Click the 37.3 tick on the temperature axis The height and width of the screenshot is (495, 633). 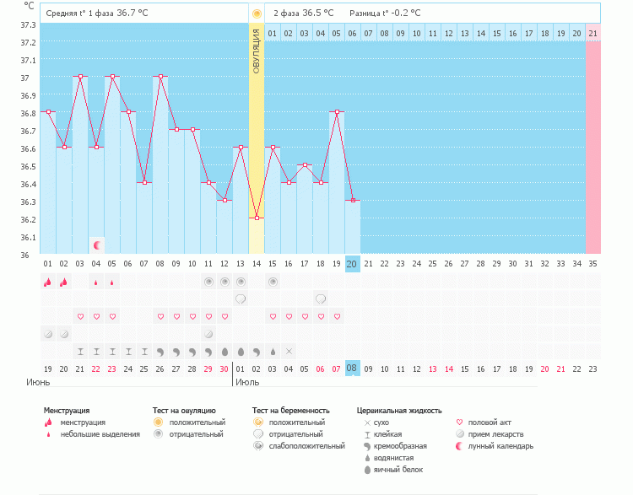click(28, 24)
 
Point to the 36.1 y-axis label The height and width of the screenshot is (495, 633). click(28, 237)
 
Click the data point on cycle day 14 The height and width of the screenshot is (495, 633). click(257, 218)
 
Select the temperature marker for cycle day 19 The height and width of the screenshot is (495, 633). click(337, 111)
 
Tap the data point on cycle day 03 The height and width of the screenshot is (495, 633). click(80, 76)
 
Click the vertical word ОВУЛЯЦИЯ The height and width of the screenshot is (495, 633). click(257, 50)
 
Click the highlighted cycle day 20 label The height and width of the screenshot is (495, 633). click(352, 264)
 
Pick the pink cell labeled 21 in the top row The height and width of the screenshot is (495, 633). click(592, 33)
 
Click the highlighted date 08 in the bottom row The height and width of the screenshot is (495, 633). click(352, 369)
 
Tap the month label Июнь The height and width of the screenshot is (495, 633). click(37, 382)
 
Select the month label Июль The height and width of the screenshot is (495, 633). click(247, 382)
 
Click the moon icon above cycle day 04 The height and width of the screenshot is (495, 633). click(97, 245)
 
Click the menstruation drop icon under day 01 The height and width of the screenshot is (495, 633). click(47, 282)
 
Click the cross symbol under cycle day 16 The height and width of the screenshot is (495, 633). click(289, 351)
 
